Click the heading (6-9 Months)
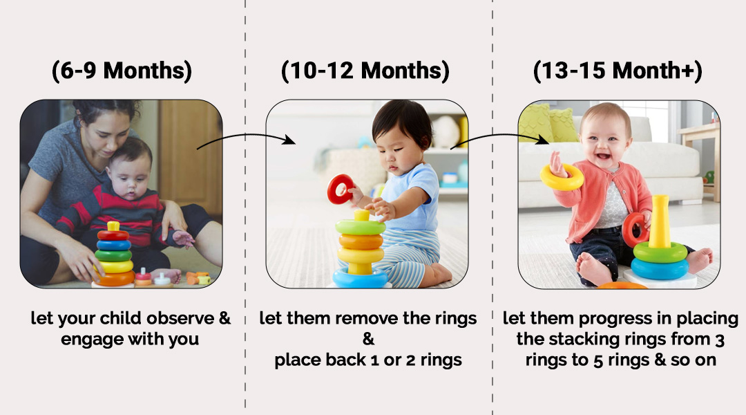coord(122,71)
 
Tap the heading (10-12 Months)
coord(365,71)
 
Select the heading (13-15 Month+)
coord(618,71)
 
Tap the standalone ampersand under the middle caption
coord(367,339)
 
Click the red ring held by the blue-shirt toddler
coord(341,189)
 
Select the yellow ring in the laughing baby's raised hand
coord(562,176)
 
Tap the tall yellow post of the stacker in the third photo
coord(660,221)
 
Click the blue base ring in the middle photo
coord(360,278)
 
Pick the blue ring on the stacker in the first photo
coord(114,245)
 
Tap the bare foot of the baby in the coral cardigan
coord(591,268)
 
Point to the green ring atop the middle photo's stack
coord(361,226)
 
